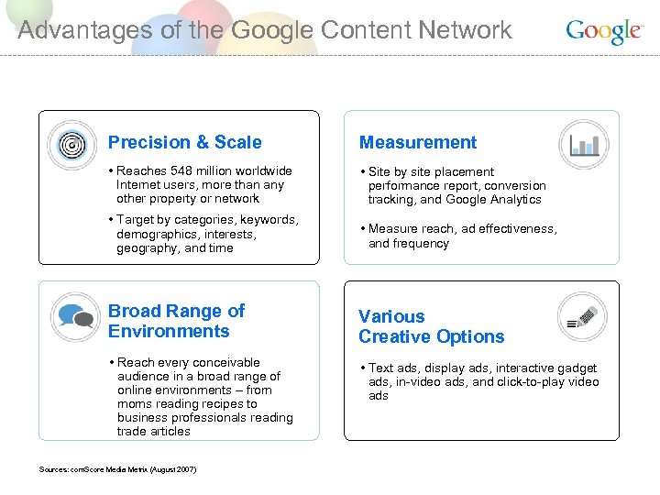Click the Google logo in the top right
[602, 31]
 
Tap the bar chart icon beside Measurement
[584, 144]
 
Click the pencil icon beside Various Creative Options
[583, 317]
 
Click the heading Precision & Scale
[184, 142]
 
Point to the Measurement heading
[417, 142]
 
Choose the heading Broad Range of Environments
[176, 321]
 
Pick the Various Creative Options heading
[431, 326]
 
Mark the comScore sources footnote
[117, 469]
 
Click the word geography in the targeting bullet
[147, 248]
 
